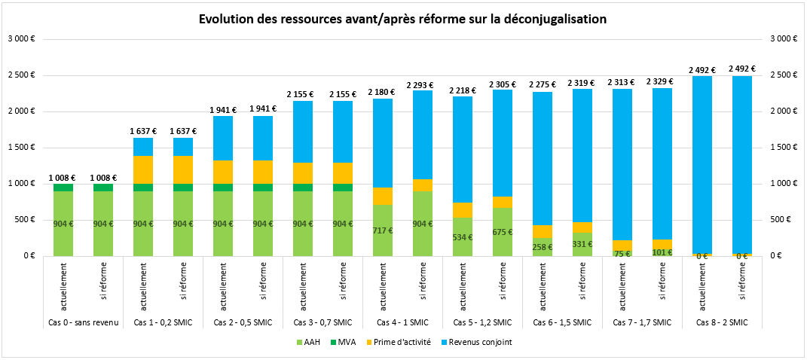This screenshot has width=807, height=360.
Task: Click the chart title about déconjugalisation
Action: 402,18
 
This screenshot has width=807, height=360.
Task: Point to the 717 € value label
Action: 383,230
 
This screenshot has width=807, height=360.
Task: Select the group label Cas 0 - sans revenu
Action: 82,322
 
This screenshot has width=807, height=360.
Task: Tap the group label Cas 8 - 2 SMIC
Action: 721,322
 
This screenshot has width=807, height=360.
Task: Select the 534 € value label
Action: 463,236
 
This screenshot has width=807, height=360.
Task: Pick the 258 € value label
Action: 543,246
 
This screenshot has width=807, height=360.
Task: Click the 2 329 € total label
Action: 662,81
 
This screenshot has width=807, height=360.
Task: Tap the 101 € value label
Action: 662,252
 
